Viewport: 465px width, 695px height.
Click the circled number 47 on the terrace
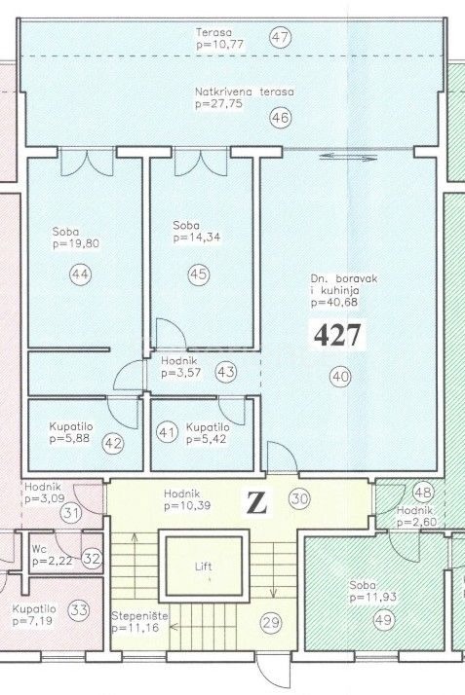click(281, 37)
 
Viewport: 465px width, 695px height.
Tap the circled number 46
click(281, 118)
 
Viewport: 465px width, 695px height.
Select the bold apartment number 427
click(337, 335)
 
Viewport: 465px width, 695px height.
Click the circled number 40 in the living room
click(340, 377)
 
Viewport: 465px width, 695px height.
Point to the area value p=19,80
click(76, 243)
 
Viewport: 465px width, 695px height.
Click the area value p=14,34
click(197, 238)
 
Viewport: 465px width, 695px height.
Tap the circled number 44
click(80, 274)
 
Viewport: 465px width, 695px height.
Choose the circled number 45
click(198, 274)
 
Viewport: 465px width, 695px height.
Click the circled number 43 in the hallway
click(226, 372)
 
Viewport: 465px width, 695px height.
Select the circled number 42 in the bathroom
click(113, 443)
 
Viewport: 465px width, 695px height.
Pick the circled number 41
click(167, 432)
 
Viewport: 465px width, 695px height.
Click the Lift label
click(204, 567)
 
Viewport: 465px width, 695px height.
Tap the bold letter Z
click(257, 502)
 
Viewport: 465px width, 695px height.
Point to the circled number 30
click(299, 499)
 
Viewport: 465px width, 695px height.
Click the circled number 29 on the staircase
click(271, 623)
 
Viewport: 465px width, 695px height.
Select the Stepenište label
click(139, 615)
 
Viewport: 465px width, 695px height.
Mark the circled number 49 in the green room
click(384, 619)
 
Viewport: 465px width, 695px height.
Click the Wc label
click(39, 549)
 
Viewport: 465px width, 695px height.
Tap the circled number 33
click(79, 610)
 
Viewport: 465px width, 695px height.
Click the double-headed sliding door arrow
click(348, 157)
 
